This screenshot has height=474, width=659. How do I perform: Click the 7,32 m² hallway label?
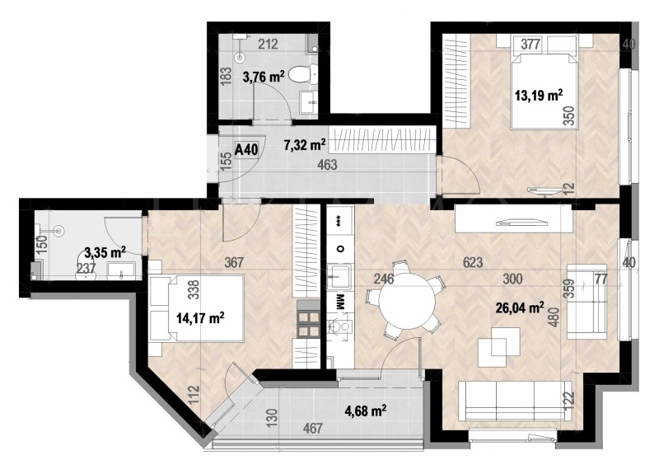click(305, 146)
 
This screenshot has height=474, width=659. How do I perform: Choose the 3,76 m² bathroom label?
click(263, 78)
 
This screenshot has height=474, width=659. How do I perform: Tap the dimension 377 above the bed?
click(531, 46)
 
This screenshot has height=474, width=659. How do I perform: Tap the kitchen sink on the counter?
click(338, 275)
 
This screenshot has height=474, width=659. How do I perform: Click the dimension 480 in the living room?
click(554, 317)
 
